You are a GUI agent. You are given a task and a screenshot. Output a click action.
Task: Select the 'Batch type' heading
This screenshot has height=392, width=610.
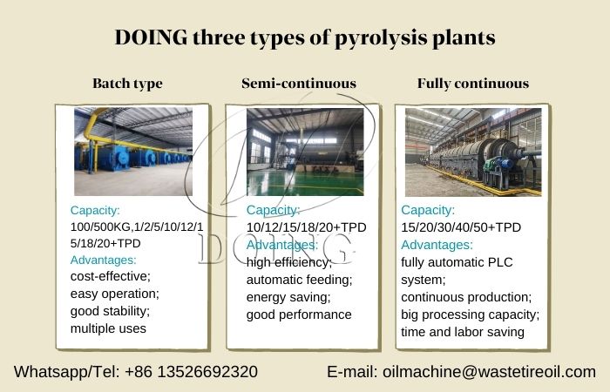(127, 84)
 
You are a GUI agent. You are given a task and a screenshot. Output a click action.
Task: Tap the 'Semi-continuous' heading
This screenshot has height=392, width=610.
(299, 84)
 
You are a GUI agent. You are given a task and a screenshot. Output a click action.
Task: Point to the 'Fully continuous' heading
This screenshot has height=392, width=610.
(473, 84)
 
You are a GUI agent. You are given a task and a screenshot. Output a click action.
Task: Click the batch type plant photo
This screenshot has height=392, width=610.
(132, 151)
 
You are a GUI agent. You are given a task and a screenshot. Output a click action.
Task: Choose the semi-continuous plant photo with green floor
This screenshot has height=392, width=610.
(304, 151)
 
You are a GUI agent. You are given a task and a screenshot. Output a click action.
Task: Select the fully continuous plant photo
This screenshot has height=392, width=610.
(473, 151)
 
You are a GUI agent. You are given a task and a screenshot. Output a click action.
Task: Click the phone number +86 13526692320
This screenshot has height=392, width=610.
(191, 372)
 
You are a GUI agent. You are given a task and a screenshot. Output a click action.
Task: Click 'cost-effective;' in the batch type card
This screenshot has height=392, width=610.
(110, 276)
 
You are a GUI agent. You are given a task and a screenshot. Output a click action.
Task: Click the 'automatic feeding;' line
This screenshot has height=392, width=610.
(299, 280)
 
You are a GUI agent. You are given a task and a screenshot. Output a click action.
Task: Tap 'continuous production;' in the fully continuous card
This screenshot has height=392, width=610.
(466, 297)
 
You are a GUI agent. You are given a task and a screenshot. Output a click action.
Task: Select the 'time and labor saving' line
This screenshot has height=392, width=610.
(463, 331)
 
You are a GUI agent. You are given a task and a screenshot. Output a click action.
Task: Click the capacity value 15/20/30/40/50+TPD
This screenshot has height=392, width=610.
(461, 227)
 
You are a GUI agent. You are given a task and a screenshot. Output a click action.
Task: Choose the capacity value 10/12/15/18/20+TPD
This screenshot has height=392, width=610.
(306, 227)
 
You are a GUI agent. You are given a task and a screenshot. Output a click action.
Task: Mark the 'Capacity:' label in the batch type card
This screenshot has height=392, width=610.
(95, 210)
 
